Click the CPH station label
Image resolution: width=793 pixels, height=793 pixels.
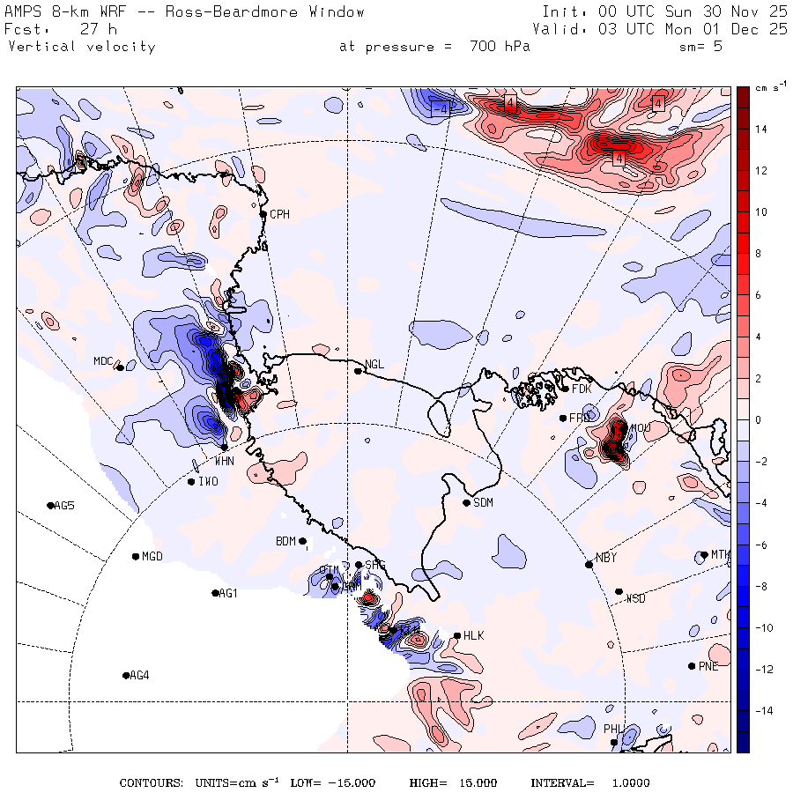pyautogui.click(x=279, y=214)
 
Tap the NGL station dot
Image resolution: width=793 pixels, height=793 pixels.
pyautogui.click(x=359, y=371)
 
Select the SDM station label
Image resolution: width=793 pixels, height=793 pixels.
pyautogui.click(x=483, y=503)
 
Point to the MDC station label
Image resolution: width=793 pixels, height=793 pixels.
pyautogui.click(x=103, y=361)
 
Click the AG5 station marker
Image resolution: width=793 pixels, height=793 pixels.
pyautogui.click(x=50, y=505)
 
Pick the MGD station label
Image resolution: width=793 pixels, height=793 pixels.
pyautogui.click(x=152, y=557)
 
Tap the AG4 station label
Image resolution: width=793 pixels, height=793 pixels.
pyautogui.click(x=139, y=676)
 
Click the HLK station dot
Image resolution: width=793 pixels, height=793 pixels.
pyautogui.click(x=457, y=635)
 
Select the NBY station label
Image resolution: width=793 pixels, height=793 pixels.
pyautogui.click(x=606, y=558)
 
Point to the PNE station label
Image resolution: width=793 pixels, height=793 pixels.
pyautogui.click(x=708, y=666)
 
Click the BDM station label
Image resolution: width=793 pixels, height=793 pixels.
pyautogui.click(x=285, y=541)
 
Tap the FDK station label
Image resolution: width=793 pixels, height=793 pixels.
pyautogui.click(x=582, y=389)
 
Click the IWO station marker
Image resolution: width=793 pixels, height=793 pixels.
pyautogui.click(x=191, y=481)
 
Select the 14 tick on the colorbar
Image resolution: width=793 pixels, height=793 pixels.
pyautogui.click(x=760, y=130)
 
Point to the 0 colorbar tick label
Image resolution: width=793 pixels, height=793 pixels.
pyautogui.click(x=759, y=420)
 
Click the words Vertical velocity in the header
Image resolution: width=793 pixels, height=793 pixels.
pyautogui.click(x=82, y=47)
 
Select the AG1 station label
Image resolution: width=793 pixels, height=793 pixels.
pyautogui.click(x=228, y=594)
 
